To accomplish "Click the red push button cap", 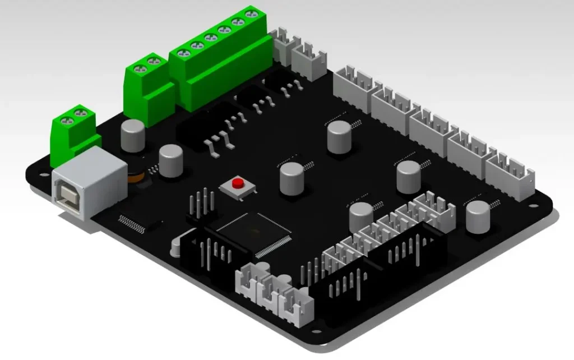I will [x=238, y=183].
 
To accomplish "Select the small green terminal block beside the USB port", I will [x=76, y=132].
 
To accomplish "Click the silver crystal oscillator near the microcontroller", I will [x=178, y=246].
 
